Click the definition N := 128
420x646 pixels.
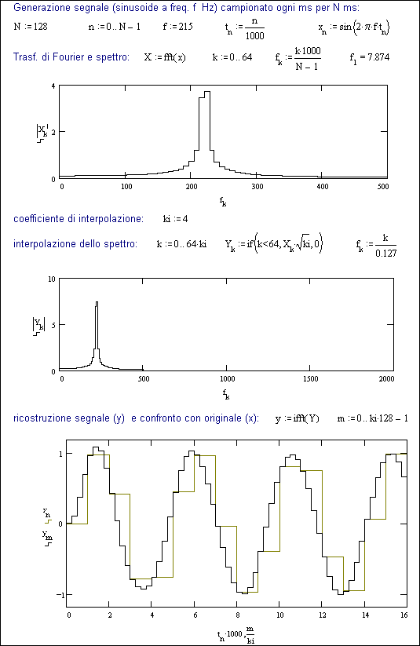click(31, 27)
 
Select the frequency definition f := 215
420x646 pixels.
click(177, 27)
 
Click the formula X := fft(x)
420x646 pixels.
click(165, 57)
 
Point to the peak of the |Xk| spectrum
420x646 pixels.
click(207, 92)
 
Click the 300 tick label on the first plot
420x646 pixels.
click(257, 187)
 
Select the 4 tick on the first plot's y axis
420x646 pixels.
click(53, 86)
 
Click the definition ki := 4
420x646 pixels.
click(176, 219)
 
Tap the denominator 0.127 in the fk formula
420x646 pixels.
click(385, 254)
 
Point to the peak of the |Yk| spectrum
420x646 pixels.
click(97, 302)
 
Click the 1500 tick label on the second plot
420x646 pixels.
click(310, 379)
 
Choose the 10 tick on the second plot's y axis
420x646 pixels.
click(52, 279)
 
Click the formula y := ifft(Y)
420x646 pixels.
click(298, 419)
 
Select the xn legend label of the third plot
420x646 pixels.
click(47, 513)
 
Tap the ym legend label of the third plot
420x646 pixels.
click(47, 535)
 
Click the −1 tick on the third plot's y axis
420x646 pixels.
click(59, 595)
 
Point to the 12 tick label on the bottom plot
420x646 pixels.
click(323, 615)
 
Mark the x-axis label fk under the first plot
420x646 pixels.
click(223, 202)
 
